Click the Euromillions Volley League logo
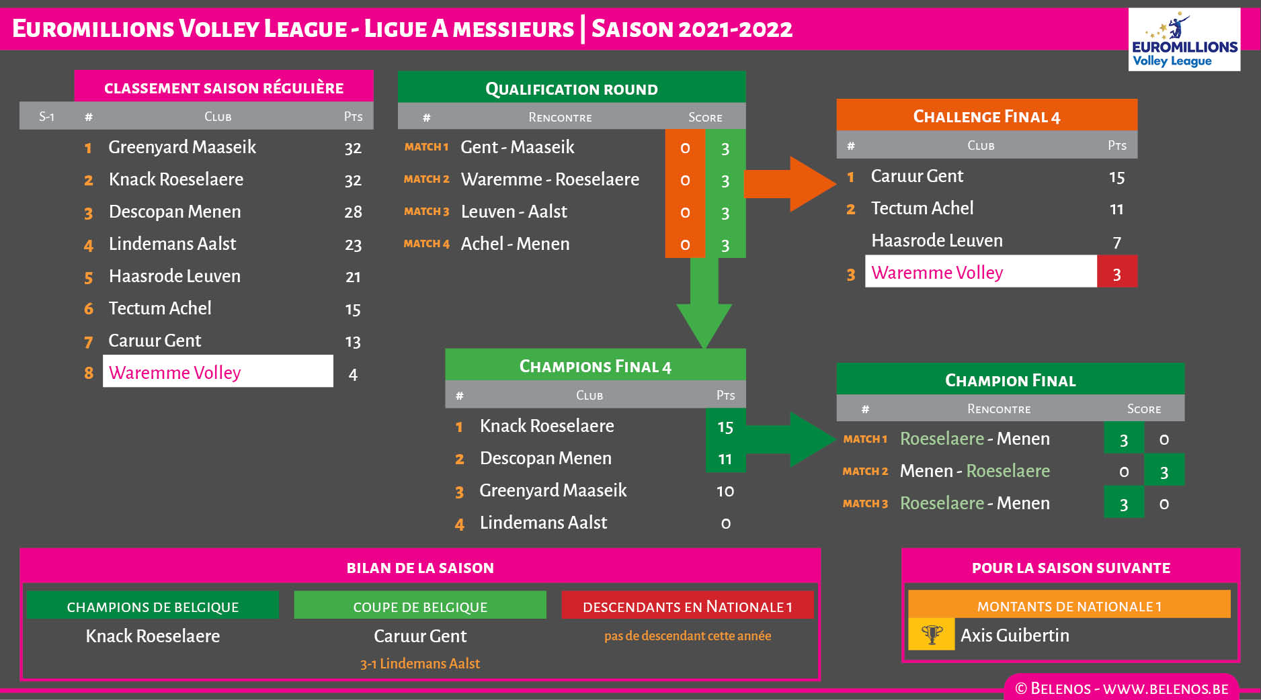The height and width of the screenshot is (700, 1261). (1184, 40)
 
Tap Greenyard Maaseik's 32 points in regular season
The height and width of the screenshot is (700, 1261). (353, 148)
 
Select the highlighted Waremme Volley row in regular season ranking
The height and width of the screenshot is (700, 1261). (218, 371)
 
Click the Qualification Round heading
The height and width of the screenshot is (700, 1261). (571, 88)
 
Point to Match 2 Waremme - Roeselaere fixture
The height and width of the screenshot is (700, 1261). (550, 179)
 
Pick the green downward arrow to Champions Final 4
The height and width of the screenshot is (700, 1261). (704, 302)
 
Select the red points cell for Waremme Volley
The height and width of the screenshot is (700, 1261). (1116, 272)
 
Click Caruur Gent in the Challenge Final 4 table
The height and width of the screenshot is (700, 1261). (917, 176)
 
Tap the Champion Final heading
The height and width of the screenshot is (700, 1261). (1010, 380)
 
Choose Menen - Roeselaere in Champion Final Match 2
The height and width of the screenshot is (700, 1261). (975, 471)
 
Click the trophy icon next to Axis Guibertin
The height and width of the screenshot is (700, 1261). (932, 634)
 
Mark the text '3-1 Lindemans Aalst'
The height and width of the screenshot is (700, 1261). (420, 664)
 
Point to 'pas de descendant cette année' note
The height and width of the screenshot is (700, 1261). (688, 636)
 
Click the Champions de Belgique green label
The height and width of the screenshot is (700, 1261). (153, 606)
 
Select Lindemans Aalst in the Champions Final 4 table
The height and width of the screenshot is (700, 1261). (543, 523)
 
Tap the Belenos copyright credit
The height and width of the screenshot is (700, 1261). (1121, 689)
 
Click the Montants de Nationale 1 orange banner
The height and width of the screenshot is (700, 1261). (1069, 605)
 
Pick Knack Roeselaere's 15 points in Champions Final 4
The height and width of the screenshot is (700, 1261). (725, 427)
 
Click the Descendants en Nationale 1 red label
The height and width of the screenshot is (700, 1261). (687, 606)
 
